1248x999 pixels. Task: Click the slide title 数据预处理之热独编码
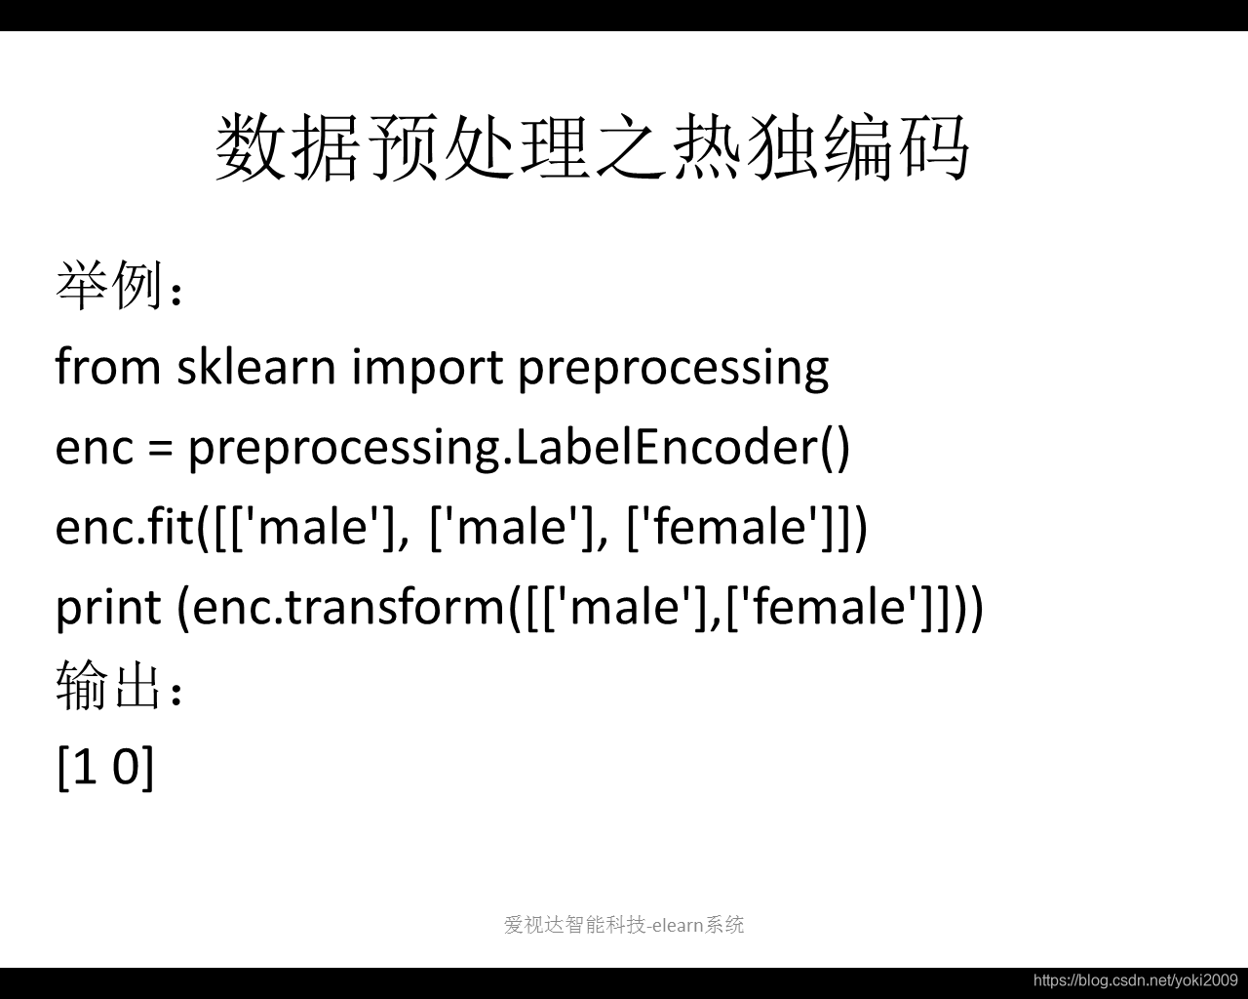tap(592, 146)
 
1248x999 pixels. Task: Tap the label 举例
tap(108, 285)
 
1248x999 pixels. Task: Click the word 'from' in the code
tap(108, 366)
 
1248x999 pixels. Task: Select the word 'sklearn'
tap(256, 366)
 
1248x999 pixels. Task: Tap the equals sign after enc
tap(161, 448)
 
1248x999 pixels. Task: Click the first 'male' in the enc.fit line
tap(314, 528)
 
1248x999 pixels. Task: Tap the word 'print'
tap(108, 610)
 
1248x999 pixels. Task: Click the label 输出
tap(108, 686)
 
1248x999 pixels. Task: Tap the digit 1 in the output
tap(85, 766)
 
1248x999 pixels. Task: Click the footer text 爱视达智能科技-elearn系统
tap(623, 925)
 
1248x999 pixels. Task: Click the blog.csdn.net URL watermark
tap(1136, 980)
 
